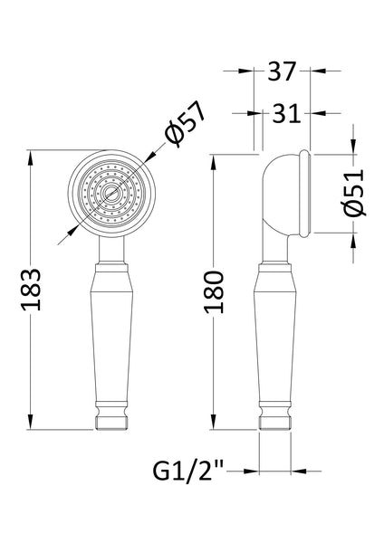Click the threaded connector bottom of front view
pos(110,421)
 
